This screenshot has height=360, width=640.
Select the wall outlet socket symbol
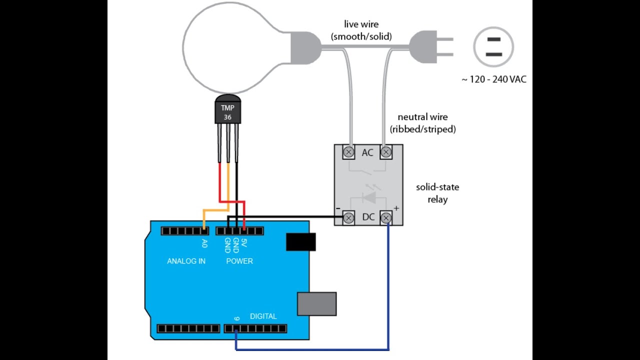[x=493, y=46]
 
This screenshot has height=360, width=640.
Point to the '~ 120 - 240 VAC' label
[x=493, y=79]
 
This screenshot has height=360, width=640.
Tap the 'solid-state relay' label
[x=437, y=193]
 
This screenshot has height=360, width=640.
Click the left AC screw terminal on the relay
[x=348, y=151]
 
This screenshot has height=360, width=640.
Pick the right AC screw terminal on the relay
[x=386, y=151]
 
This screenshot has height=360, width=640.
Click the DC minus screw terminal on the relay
[x=348, y=217]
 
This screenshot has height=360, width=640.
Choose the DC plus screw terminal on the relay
[x=386, y=217]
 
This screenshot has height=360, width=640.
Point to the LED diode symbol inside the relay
[x=369, y=197]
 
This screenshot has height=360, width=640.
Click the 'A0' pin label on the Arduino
[x=204, y=243]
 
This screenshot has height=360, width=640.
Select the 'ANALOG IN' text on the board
[x=186, y=261]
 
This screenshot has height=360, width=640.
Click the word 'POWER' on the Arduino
[x=239, y=261]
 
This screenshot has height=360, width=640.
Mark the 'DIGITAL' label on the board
[x=263, y=316]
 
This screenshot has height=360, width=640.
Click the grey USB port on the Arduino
[x=316, y=303]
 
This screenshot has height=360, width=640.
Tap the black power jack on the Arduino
[x=300, y=242]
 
